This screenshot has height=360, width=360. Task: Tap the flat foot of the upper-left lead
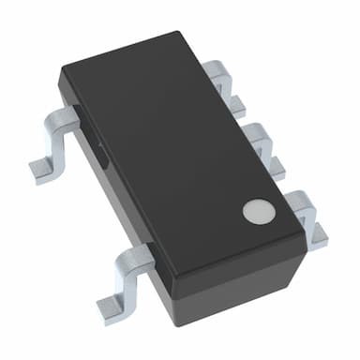[x=43, y=169]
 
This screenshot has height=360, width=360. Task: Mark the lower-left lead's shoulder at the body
[x=139, y=253]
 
